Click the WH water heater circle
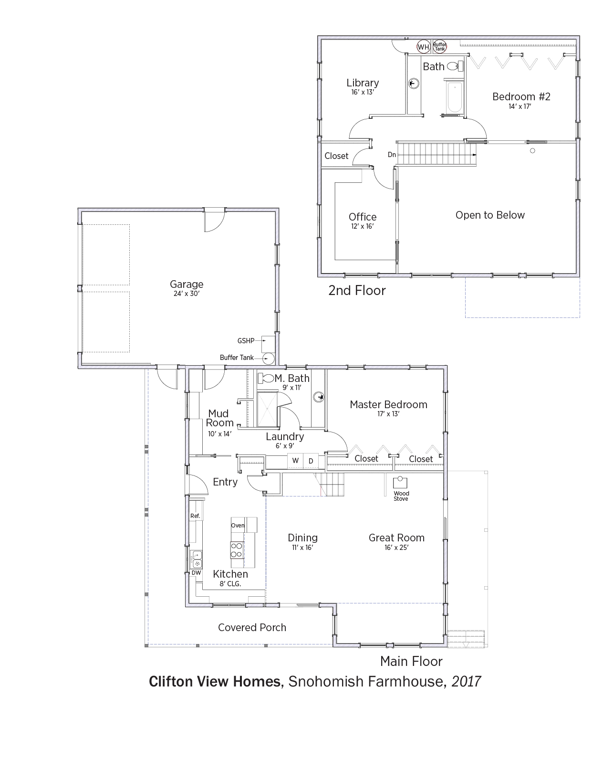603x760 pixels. click(x=423, y=47)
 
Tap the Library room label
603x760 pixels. click(x=363, y=83)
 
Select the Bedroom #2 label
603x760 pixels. click(x=521, y=96)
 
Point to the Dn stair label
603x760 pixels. click(x=392, y=155)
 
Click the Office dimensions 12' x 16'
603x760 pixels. click(x=362, y=226)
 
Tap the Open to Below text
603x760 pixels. click(x=490, y=215)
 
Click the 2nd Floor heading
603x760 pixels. click(x=357, y=290)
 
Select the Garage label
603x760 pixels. click(x=187, y=285)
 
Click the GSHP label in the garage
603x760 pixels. click(x=246, y=341)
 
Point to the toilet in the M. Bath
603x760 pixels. click(x=266, y=378)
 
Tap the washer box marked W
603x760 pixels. click(x=295, y=461)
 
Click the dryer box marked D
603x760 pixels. click(x=311, y=461)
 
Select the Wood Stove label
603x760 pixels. click(x=401, y=496)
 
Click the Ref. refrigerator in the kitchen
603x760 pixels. click(x=195, y=516)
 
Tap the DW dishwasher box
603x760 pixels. click(x=196, y=573)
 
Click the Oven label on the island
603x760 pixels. click(x=238, y=525)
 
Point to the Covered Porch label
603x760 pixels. click(x=252, y=627)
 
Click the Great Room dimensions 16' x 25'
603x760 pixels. click(x=396, y=548)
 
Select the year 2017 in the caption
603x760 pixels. click(x=466, y=681)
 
